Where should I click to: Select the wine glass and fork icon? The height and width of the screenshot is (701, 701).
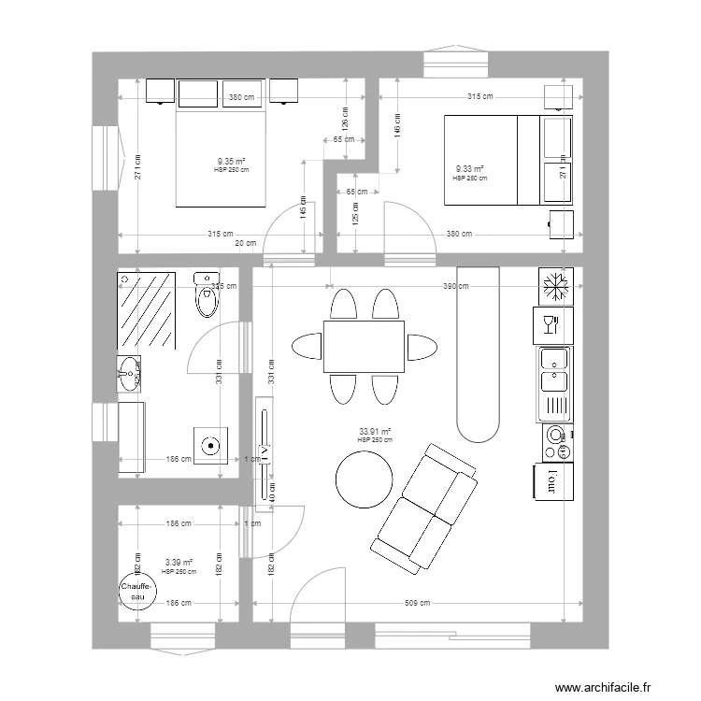(551, 324)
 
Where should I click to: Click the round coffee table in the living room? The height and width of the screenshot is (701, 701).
(365, 479)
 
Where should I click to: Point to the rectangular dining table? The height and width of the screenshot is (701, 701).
(365, 347)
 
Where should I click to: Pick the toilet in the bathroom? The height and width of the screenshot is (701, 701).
(205, 295)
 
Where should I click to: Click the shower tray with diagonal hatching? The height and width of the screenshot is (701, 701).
(147, 309)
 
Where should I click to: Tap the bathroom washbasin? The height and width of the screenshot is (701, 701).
(131, 376)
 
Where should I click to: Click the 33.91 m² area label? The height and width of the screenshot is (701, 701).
(374, 433)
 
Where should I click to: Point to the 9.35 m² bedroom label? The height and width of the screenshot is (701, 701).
(232, 162)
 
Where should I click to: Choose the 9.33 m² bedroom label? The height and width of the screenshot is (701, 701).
(469, 170)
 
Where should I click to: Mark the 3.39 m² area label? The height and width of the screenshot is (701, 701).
(179, 563)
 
